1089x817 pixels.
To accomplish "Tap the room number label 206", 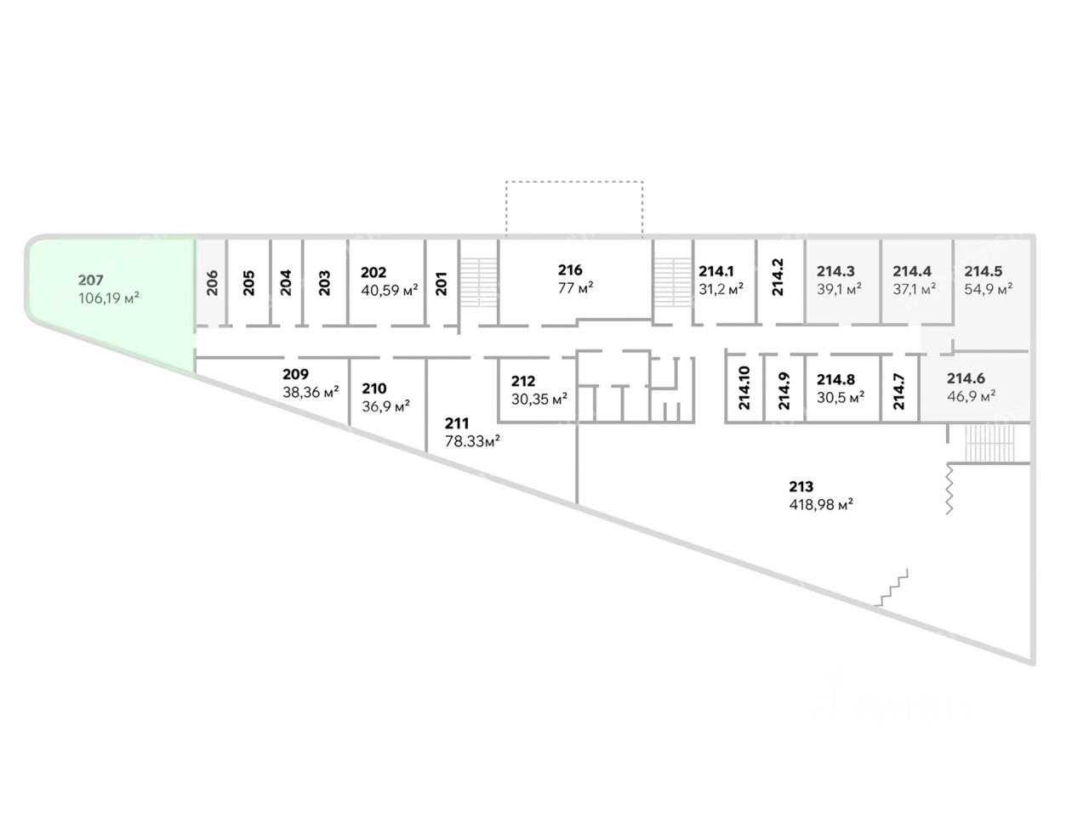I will point(213,281).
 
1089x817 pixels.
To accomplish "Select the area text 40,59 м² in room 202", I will point(390,290).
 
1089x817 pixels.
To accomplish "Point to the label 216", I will point(570,270).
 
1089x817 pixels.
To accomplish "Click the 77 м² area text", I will point(576,287).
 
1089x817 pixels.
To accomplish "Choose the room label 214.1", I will point(716,271).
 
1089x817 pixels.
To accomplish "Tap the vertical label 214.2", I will point(777,277).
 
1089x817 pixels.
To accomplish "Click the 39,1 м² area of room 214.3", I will point(839,288).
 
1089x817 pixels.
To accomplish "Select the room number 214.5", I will point(984,271).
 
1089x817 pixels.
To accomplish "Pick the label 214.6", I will point(966,379).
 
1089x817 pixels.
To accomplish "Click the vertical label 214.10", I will point(744,389).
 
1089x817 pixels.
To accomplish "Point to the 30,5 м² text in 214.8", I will point(841,396).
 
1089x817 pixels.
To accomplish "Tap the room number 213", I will point(801,487).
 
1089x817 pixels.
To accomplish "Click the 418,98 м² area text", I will point(821,504).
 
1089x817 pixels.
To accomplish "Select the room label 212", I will point(523,382).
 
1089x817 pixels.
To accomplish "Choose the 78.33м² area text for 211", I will point(472,440).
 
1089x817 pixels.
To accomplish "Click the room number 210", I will point(373,389).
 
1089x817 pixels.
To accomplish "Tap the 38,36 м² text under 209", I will point(311,392).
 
